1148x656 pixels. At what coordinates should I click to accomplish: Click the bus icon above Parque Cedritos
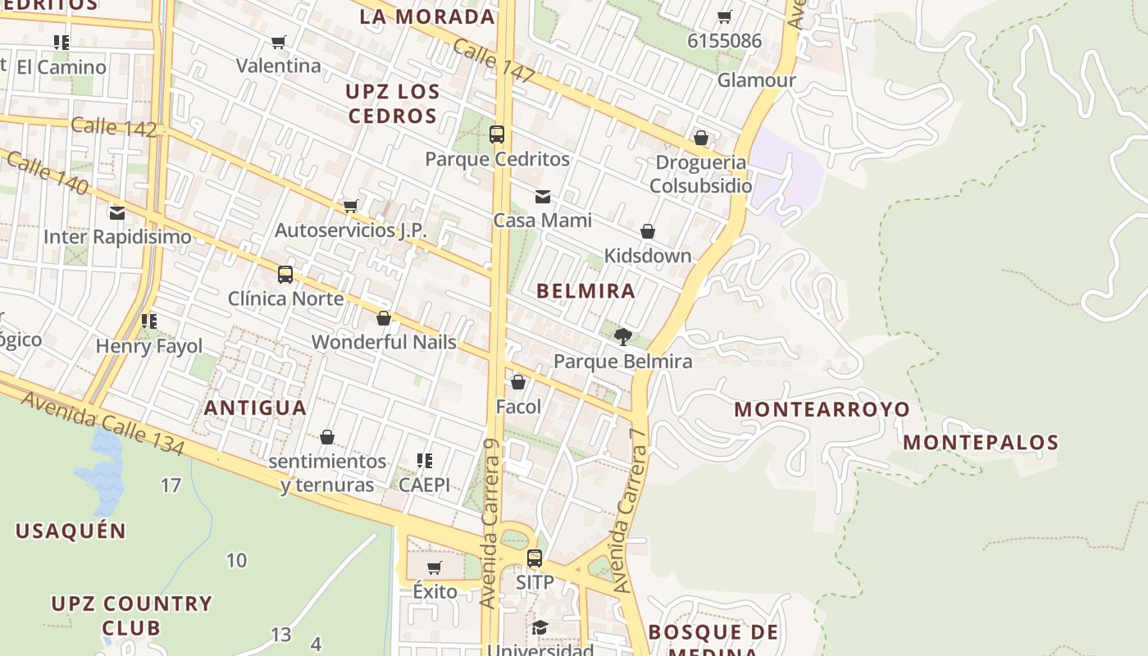coord(497,134)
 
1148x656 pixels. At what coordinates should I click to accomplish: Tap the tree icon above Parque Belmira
coord(622,336)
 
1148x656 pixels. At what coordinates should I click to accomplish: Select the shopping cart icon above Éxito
coord(435,567)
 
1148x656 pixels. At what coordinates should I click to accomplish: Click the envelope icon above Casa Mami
coord(543,197)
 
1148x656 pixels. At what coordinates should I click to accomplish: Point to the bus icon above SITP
coord(535,558)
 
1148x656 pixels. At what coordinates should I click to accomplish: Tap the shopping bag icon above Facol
coord(518,382)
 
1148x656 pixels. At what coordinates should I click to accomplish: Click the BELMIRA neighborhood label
coord(585,291)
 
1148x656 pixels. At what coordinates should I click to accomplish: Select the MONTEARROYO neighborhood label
coord(822,409)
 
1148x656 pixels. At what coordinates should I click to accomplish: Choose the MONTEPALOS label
coord(981,443)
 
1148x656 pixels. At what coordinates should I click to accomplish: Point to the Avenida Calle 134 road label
coord(102,423)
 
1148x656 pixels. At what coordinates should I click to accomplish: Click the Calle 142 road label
coord(113,127)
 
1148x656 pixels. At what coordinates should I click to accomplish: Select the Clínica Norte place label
coord(285,298)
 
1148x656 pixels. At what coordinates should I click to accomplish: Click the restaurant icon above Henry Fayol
coord(148,321)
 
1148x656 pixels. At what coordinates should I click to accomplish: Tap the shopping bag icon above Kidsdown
coord(648,232)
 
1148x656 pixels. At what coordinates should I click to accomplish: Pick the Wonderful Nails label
coord(384,342)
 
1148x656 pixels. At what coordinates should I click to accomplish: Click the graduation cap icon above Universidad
coord(540,628)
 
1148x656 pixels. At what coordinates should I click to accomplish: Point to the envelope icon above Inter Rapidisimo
coord(117,213)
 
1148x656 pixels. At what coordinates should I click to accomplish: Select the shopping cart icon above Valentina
coord(279,43)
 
